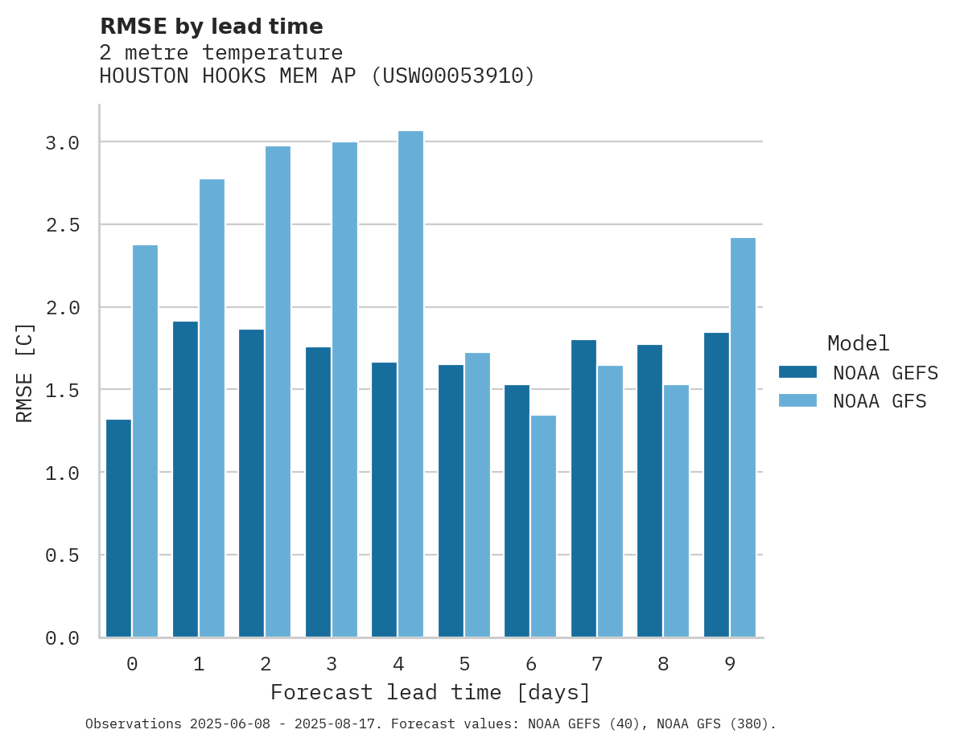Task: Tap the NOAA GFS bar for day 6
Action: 543,527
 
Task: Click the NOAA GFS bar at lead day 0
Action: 145,441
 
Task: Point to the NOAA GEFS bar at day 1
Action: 185,479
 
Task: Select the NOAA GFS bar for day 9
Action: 743,437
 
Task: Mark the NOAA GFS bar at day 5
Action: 477,495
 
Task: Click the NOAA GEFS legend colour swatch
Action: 797,372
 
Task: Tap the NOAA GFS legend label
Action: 880,401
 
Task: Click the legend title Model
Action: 858,343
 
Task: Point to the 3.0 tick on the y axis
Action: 62,143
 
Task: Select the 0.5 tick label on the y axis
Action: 62,555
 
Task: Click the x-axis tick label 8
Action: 663,664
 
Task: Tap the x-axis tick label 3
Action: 332,664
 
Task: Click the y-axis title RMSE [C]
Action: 25,372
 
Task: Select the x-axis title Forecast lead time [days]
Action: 431,692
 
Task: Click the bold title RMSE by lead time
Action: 211,27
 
